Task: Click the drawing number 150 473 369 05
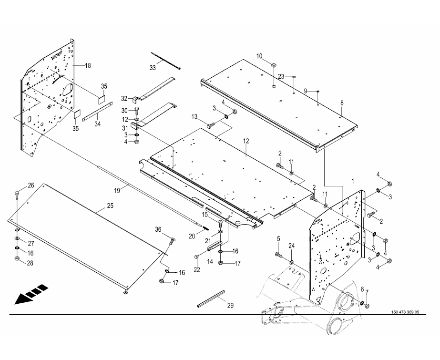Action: pos(405,312)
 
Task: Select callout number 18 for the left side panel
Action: pos(88,65)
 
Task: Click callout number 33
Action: pos(153,68)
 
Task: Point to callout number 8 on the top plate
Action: pos(342,103)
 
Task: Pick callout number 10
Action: pos(260,56)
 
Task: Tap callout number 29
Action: pos(231,305)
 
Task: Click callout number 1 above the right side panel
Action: pos(353,182)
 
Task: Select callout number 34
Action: pos(97,124)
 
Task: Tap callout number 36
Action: pos(158,229)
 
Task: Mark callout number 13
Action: pos(194,117)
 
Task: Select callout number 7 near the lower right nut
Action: pos(367,292)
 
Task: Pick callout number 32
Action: pos(124,98)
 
